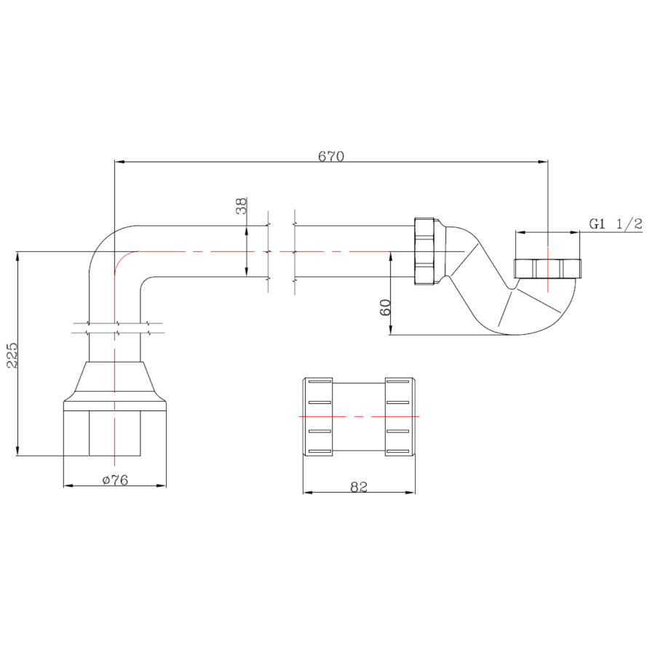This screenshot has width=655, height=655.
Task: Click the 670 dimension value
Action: pos(331,156)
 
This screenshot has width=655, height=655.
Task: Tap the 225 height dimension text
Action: pos(12,355)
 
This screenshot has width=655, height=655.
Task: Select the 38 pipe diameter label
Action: pos(242,206)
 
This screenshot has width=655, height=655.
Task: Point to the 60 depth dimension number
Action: pos(385,307)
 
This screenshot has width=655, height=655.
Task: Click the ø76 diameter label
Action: pos(115,480)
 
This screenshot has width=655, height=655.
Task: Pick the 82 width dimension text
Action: pos(359,487)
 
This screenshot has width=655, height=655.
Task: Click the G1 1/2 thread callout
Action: pos(616,224)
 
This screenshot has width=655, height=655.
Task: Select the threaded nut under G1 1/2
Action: pos(547,269)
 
